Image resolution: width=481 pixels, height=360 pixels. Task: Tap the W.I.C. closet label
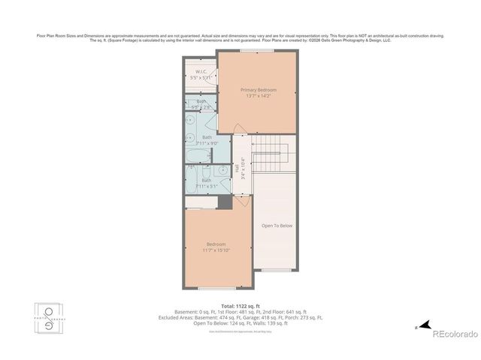point(201,71)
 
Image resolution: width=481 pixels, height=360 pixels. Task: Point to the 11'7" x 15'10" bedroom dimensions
point(217,250)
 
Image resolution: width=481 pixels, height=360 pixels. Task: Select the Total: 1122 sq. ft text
point(240,307)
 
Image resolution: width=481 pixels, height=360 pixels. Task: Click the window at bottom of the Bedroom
point(218,288)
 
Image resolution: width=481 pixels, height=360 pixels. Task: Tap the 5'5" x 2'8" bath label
point(201,104)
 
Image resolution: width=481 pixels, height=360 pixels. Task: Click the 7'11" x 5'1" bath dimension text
point(207,185)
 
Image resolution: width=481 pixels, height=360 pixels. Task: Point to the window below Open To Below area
point(274,271)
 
